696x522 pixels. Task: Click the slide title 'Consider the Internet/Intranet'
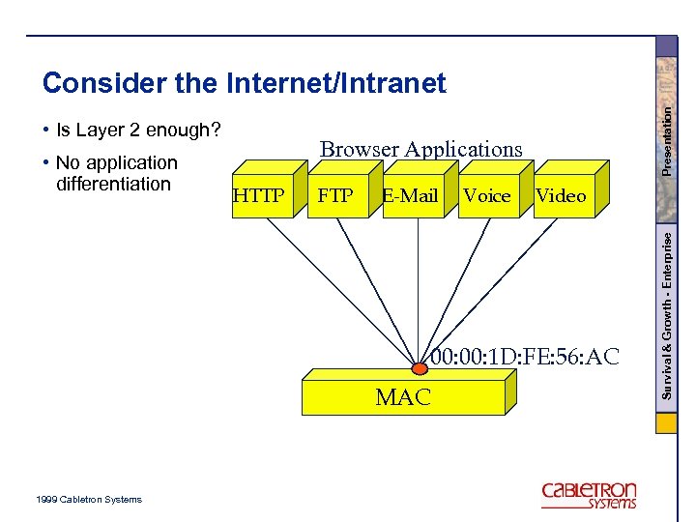pos(244,84)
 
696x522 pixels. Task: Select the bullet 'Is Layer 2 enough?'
pos(138,130)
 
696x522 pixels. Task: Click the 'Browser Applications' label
pos(420,149)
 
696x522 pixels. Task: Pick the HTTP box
pos(258,196)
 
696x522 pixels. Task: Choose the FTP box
pos(335,196)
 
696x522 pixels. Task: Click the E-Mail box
pos(410,196)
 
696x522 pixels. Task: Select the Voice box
pos(486,196)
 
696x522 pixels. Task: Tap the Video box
pos(561,196)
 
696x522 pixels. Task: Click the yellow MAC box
pos(403,397)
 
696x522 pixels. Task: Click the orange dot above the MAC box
pos(420,368)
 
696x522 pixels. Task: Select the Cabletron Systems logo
pos(589,495)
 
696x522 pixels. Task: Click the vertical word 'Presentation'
pos(667,140)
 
